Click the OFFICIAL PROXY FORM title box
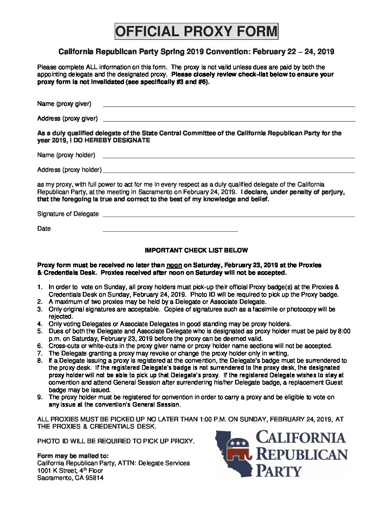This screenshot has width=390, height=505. tap(196, 32)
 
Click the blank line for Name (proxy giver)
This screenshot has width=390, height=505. tap(229, 106)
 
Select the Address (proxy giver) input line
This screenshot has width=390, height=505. tap(229, 121)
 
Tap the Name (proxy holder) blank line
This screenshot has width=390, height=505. tap(229, 157)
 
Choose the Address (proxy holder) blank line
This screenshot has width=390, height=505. tap(229, 172)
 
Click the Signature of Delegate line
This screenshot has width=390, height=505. tap(229, 216)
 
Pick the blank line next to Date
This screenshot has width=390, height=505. tap(170, 231)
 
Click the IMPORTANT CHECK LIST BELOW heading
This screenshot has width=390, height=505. tap(196, 250)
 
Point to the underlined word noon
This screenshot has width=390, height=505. tap(174, 265)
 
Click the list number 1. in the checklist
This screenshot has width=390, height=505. tap(40, 287)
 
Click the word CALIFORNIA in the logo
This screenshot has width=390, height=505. tap(301, 438)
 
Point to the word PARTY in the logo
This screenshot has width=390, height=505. tap(279, 471)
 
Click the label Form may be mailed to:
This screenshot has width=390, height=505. tap(73, 456)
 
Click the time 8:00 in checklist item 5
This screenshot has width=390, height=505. tap(344, 331)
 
